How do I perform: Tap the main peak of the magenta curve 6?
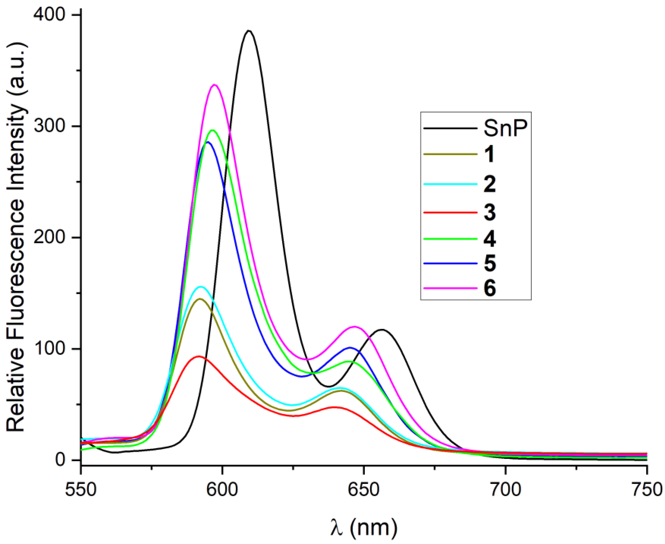point(215,85)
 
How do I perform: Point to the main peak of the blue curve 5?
point(207,142)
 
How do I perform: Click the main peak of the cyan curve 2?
point(201,286)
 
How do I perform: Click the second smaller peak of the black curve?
point(382,330)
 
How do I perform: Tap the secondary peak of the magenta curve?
point(354,327)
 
